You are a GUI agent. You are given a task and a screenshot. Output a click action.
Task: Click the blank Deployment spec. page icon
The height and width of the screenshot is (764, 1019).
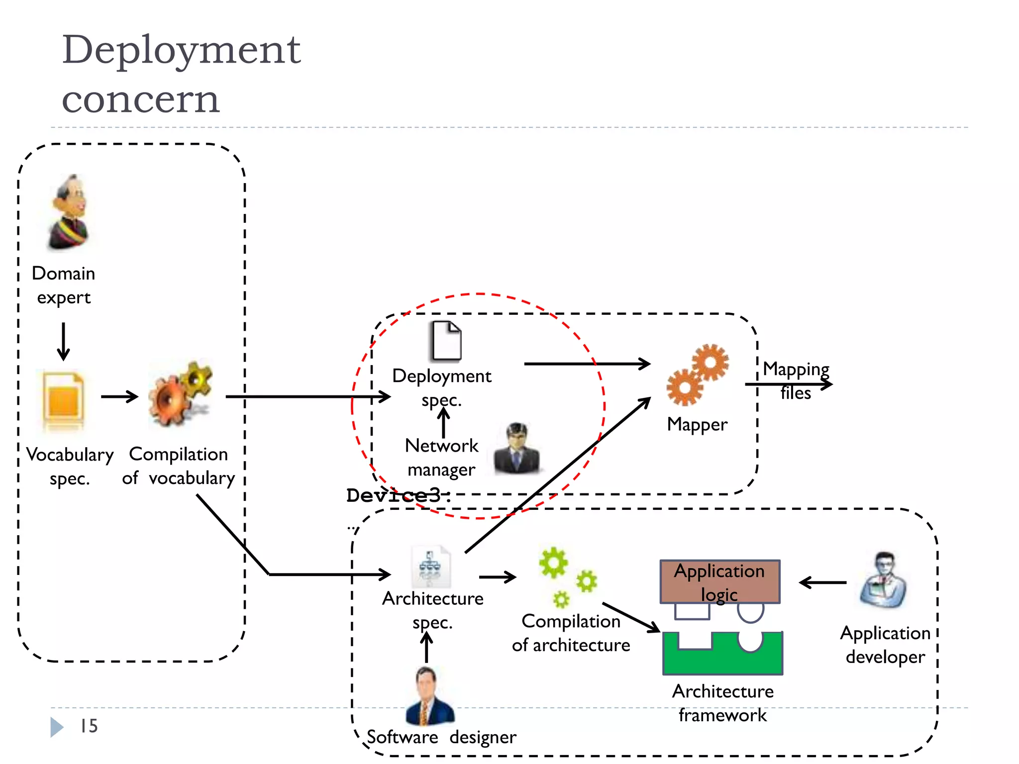point(446,341)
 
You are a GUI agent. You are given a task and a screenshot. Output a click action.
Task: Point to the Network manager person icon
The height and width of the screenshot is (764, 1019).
point(516,448)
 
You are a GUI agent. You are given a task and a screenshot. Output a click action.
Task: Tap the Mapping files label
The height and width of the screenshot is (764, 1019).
point(796,381)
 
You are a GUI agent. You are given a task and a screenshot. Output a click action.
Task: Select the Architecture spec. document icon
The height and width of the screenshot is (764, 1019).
point(431,568)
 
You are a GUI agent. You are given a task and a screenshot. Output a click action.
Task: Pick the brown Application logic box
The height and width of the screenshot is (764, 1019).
point(719,582)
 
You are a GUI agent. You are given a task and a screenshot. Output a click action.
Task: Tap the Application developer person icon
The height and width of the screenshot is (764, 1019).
point(883,580)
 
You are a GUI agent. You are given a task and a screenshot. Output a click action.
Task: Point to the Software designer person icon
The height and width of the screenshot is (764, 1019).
point(429,697)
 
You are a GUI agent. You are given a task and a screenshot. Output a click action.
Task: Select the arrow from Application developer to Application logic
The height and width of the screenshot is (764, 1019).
point(823,582)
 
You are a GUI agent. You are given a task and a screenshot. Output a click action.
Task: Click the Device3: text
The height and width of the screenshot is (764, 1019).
point(398,495)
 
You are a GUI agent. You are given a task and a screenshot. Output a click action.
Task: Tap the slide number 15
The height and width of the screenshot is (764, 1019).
point(89,726)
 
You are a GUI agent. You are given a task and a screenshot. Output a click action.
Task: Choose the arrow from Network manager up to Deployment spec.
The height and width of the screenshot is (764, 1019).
point(443,422)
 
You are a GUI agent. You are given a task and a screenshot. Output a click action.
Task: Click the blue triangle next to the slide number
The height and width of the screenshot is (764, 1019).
point(56,727)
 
